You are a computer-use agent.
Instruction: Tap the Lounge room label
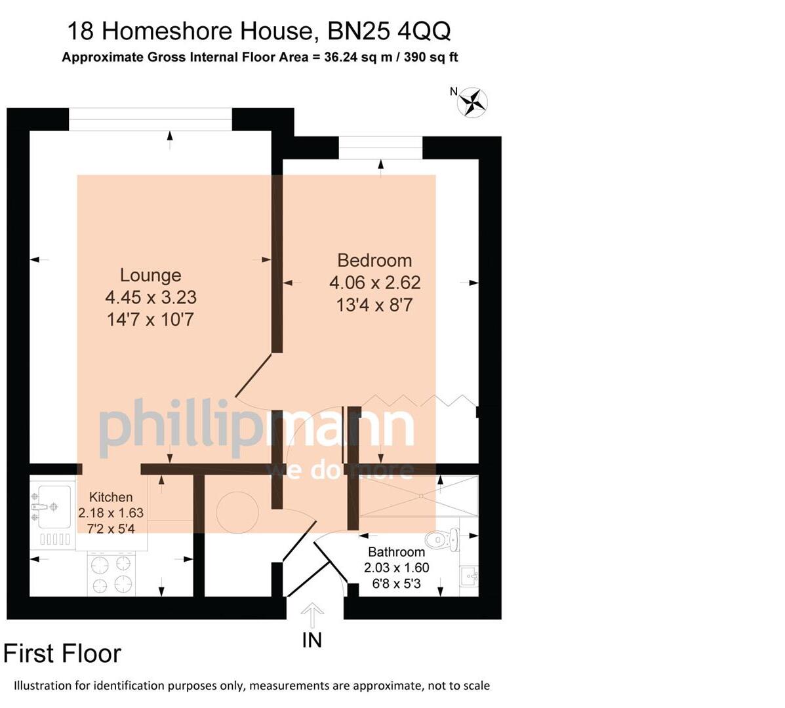coord(150,275)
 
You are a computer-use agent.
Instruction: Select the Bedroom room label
coord(374,260)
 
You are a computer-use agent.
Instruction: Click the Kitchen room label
coord(111,497)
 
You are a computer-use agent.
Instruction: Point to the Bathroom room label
coord(396,552)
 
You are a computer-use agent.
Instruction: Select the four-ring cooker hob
coord(111,574)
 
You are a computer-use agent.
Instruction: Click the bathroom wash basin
coord(469,577)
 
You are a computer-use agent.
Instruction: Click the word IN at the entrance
coord(312,640)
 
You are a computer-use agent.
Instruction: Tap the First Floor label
coord(62,654)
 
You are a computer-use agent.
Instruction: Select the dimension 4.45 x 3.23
coord(151,298)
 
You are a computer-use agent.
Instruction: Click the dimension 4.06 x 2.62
coord(374,283)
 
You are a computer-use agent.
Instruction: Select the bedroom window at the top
coord(380,147)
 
